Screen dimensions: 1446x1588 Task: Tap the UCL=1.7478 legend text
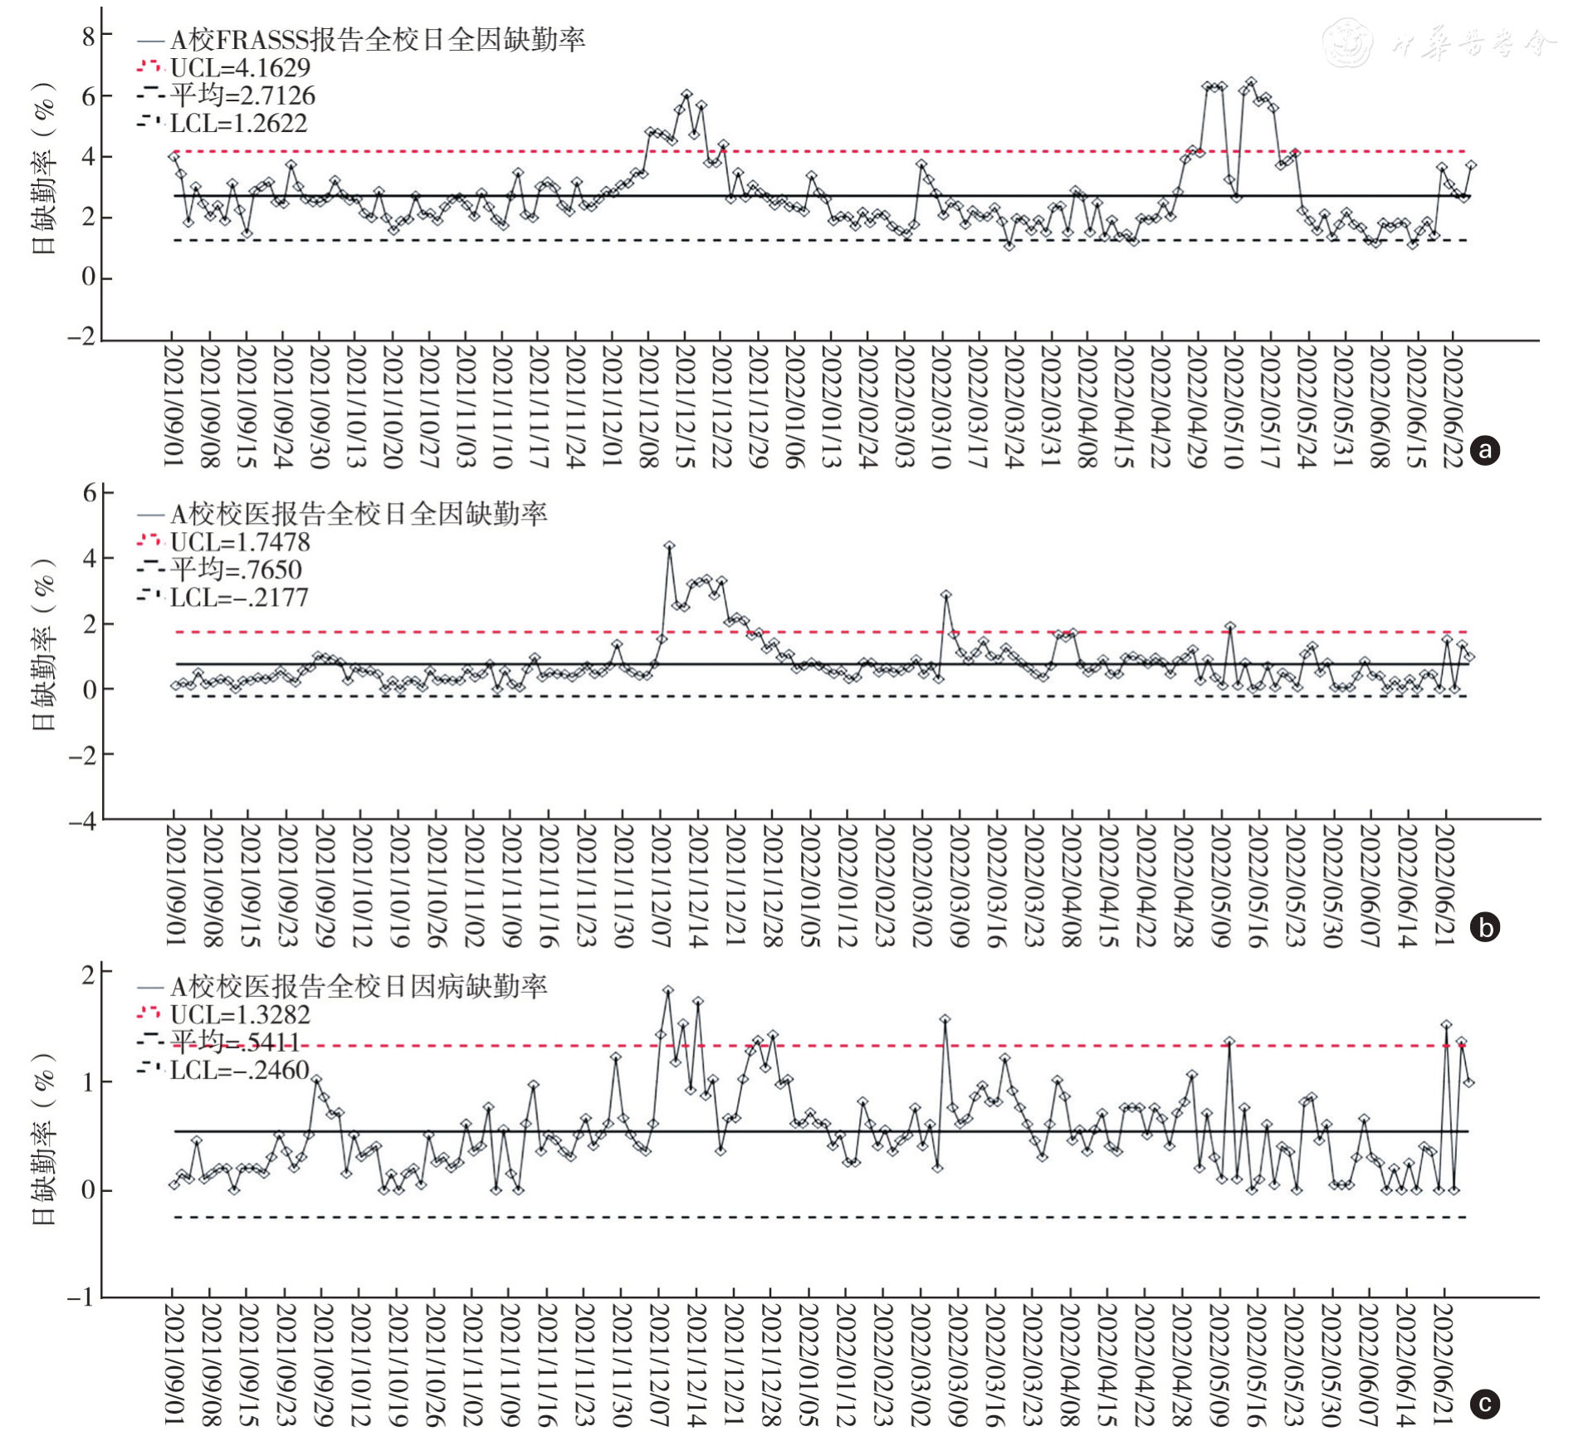(239, 542)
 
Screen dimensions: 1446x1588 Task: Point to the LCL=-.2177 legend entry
(238, 598)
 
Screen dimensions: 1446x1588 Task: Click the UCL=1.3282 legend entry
(239, 1014)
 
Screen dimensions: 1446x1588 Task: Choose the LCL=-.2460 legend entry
(239, 1070)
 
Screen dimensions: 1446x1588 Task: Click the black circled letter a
(1485, 450)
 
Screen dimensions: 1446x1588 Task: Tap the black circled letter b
(1485, 926)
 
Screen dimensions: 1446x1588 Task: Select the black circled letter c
(1485, 1404)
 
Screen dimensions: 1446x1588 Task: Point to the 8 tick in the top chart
(88, 36)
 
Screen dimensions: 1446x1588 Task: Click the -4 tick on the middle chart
(82, 821)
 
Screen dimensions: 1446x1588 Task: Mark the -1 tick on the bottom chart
(82, 1297)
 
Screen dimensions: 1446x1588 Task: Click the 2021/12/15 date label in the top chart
(685, 407)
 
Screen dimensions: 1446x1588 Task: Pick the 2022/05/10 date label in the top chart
(1234, 407)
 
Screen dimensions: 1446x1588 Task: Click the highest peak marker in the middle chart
(669, 546)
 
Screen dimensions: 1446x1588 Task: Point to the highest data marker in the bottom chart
(667, 991)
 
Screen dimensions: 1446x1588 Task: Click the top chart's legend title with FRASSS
(378, 40)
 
